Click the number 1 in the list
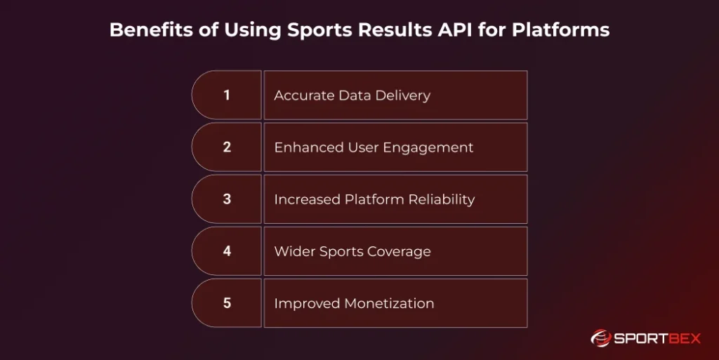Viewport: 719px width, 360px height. [x=227, y=95]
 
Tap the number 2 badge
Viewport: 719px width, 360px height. [x=227, y=147]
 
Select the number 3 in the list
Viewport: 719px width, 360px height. [x=227, y=199]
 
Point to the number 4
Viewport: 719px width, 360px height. [x=227, y=251]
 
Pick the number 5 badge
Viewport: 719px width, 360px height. [x=227, y=303]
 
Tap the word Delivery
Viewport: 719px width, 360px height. [x=402, y=95]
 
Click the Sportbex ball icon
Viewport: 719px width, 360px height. [x=601, y=339]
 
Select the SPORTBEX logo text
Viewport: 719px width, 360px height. [x=657, y=339]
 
